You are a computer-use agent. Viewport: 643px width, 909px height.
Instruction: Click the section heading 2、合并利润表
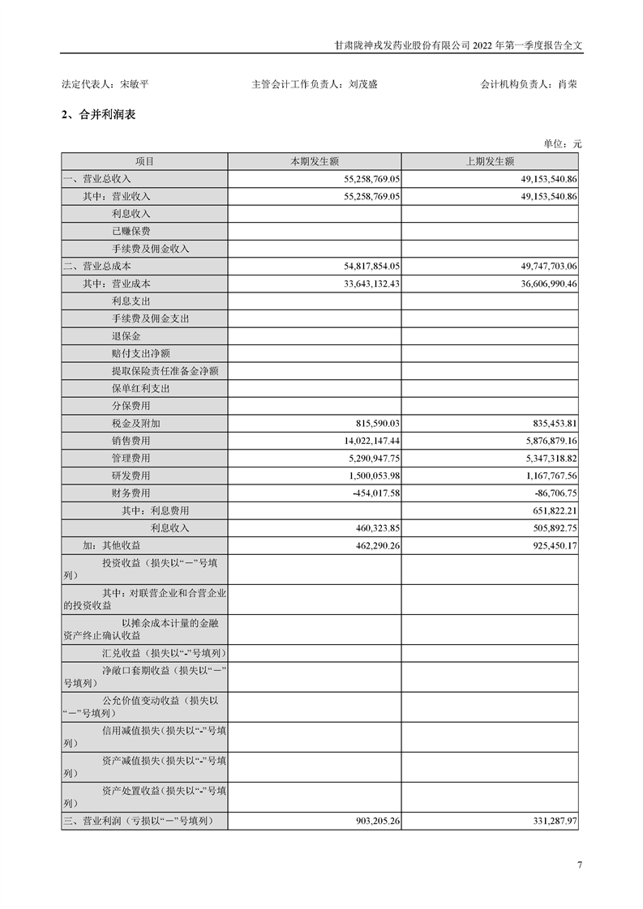99,115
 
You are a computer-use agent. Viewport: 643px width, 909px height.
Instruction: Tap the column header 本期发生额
315,161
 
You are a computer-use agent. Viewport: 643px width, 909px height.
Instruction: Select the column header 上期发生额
489,161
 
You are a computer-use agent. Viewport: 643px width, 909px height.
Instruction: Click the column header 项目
144,161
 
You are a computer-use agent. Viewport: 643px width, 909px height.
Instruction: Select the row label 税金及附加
136,424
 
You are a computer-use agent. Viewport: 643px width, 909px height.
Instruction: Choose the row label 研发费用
131,476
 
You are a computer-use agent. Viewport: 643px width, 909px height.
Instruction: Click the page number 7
579,864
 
